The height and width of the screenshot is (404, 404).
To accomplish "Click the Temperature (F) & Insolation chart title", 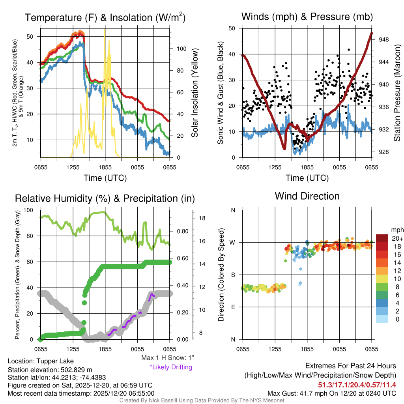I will (105, 18).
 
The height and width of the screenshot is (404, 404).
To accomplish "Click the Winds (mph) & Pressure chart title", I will (307, 17).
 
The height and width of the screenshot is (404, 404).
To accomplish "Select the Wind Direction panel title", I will (307, 196).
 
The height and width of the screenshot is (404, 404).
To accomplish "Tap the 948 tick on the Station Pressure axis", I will (384, 39).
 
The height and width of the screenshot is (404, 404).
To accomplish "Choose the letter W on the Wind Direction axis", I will (233, 242).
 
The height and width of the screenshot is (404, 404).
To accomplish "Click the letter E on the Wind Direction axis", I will (233, 307).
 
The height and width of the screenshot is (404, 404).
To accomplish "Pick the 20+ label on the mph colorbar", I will (397, 239).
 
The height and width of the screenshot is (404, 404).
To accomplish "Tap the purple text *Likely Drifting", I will (171, 367).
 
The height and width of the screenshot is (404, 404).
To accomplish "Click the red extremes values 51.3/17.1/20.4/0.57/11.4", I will (357, 385).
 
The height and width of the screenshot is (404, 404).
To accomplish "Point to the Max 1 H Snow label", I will (168, 358).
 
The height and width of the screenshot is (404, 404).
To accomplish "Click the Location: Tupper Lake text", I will (41, 361).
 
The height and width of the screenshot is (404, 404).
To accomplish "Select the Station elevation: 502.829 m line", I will (50, 369).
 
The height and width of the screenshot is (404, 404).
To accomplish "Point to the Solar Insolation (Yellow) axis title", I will (195, 93).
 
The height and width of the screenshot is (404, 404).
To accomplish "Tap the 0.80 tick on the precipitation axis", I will (182, 232).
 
